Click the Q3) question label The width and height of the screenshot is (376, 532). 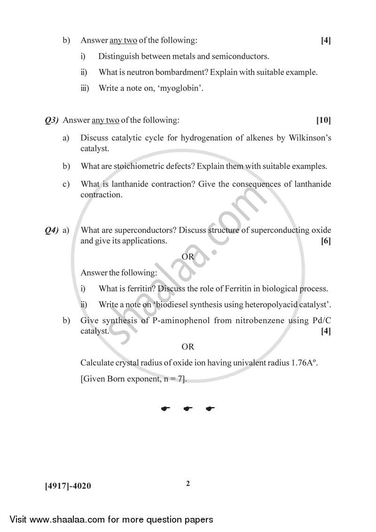pyautogui.click(x=51, y=120)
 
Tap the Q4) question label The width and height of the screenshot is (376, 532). pyautogui.click(x=51, y=230)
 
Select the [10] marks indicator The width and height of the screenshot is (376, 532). pyautogui.click(x=323, y=120)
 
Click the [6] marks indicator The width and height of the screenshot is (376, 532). pyautogui.click(x=326, y=241)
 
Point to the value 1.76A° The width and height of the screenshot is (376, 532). pyautogui.click(x=295, y=363)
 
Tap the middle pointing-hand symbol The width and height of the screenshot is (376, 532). pyautogui.click(x=188, y=409)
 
